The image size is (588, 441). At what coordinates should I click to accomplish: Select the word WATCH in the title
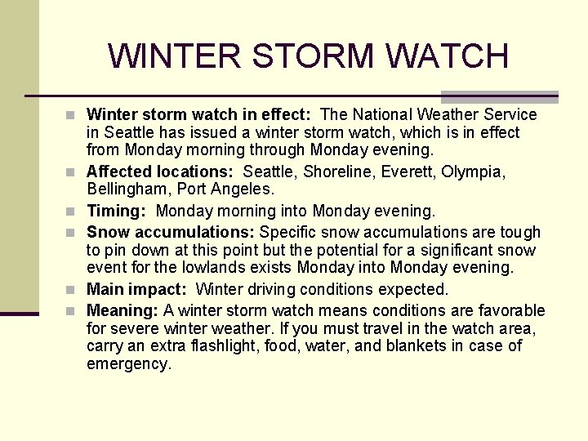[x=448, y=56]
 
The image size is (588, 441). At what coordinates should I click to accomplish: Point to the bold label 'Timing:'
[x=116, y=211]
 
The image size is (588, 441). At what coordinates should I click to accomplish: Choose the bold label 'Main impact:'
[x=139, y=289]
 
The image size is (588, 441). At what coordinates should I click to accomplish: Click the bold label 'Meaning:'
[x=122, y=310]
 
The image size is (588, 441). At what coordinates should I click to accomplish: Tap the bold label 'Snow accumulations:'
[x=171, y=232]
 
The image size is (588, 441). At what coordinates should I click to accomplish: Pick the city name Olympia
[x=475, y=171]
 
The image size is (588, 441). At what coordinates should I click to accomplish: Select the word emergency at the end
[x=128, y=364]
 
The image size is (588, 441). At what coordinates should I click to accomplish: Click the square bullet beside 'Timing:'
[x=74, y=212]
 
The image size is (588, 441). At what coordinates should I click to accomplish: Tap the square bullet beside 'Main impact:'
[x=74, y=290]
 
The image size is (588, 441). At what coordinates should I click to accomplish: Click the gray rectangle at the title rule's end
[x=500, y=96]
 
